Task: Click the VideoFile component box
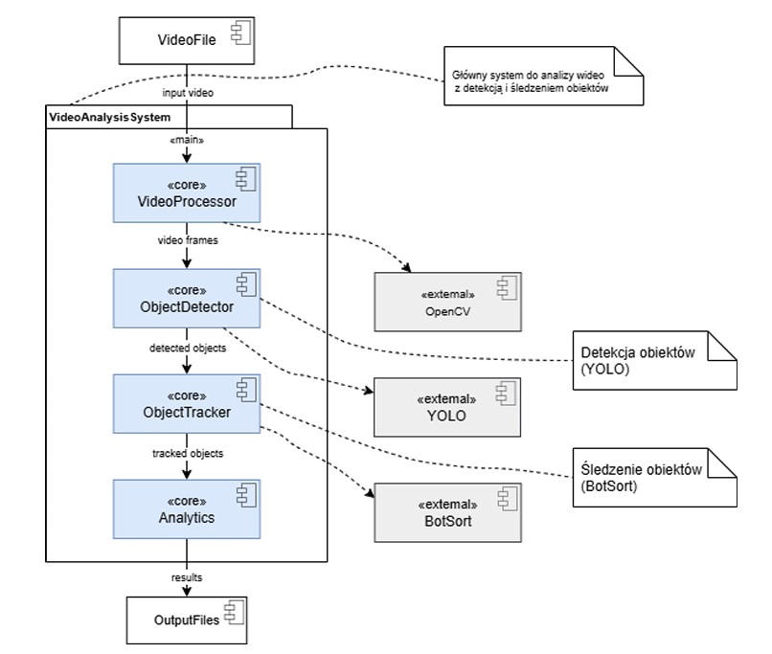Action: click(187, 41)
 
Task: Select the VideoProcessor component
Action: click(187, 192)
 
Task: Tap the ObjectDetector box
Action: click(187, 298)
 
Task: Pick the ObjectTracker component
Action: click(187, 403)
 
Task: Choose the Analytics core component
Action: click(187, 509)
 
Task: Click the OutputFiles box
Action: click(187, 620)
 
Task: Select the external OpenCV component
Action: click(447, 302)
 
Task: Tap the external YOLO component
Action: click(447, 407)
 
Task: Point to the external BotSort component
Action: click(447, 513)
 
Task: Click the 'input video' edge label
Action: click(188, 93)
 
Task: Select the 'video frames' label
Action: click(188, 240)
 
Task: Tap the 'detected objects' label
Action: click(188, 348)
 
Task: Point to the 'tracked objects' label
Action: click(188, 453)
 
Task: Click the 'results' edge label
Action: click(187, 577)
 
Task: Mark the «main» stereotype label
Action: click(187, 140)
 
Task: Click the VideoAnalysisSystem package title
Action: click(110, 117)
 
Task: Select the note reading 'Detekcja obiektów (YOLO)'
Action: click(655, 361)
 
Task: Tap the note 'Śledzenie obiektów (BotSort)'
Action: click(655, 478)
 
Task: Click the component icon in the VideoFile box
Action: click(241, 33)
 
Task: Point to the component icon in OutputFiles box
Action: click(234, 613)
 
